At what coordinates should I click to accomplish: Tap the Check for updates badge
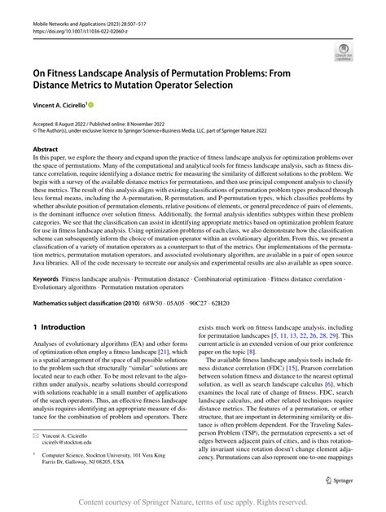pyautogui.click(x=344, y=54)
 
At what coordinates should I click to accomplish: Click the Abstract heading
pyautogui.click(x=45, y=150)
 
